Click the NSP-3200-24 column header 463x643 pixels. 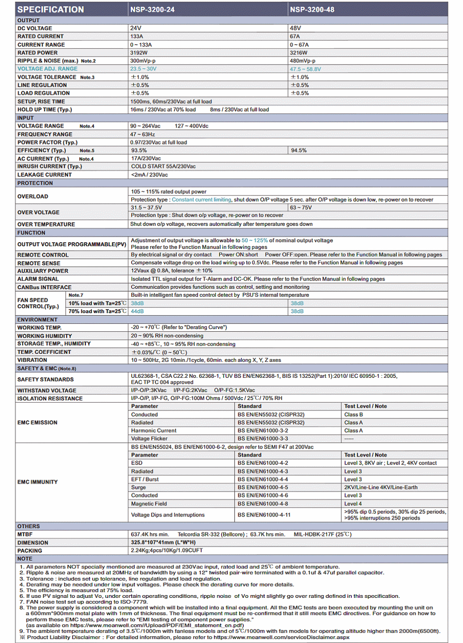tap(152, 9)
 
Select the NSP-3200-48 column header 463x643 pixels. tap(312, 9)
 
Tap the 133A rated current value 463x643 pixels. tap(137, 36)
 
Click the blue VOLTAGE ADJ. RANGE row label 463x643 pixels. tap(47, 69)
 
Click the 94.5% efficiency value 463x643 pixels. tap(298, 150)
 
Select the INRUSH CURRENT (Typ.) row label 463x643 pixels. tap(50, 166)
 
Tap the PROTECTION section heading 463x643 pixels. tap(35, 183)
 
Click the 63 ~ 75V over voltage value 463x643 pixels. tap(301, 207)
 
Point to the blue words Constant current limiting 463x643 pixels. tap(201, 200)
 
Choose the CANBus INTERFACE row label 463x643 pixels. tap(44, 287)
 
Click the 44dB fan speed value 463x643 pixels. tap(137, 311)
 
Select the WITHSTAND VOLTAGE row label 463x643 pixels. tap(47, 390)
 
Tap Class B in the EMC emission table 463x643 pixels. tap(354, 414)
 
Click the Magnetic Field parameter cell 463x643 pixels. tap(149, 504)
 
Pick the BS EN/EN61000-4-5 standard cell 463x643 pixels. tap(263, 488)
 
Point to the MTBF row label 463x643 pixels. tap(25, 535)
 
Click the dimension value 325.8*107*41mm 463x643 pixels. tap(163, 542)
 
